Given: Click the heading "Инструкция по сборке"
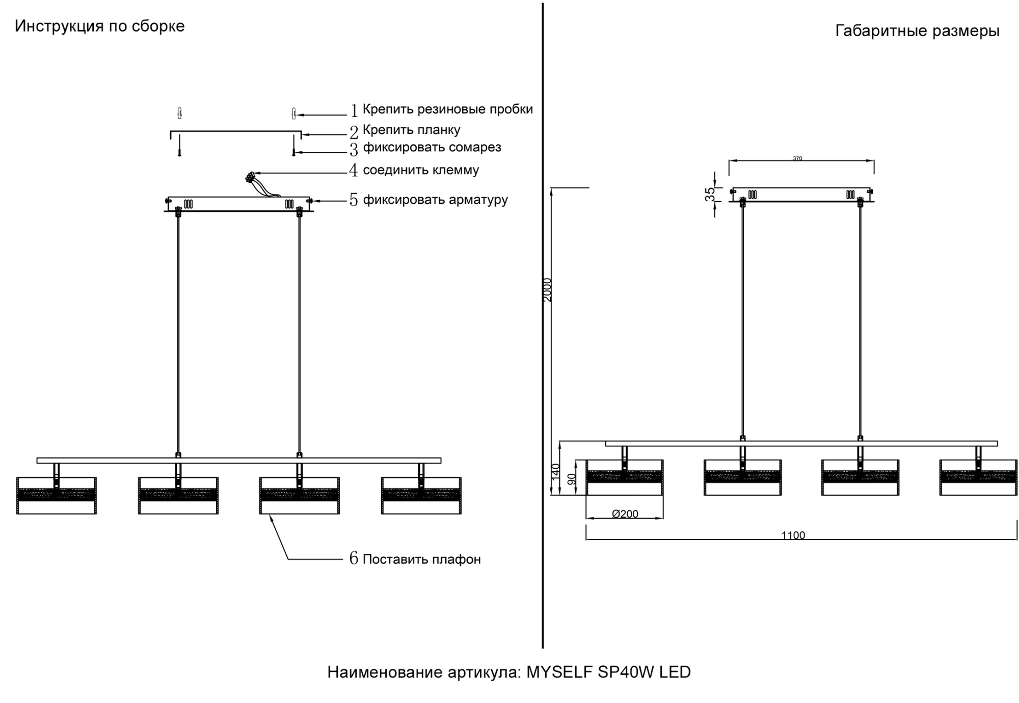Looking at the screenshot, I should pos(99,26).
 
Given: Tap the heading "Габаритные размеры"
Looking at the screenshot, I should pos(917,32).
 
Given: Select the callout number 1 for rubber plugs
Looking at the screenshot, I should pos(354,111).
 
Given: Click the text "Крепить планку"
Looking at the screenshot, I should pos(411,130).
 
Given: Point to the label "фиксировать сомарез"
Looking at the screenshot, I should pos(432,148).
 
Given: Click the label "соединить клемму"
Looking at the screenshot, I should pos(420,170).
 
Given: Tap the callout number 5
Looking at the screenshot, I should pos(354,200).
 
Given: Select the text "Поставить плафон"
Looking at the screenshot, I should pos(421,559).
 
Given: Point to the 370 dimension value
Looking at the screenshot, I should pos(797,158).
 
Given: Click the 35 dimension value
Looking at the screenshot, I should pos(710,194).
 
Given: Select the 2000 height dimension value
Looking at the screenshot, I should pos(547,290).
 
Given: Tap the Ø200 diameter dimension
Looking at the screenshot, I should pos(625,514).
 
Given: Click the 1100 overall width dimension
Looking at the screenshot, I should pos(793,535).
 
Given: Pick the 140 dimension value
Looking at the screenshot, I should pos(556,471).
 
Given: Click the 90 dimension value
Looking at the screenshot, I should pos(572,479).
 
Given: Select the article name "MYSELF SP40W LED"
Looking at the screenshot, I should pos(608,672).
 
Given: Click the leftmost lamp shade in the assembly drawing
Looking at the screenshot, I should pos(56,496).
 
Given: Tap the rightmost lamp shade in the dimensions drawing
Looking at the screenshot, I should pos(978,478).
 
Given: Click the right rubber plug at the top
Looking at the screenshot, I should pos(293,113).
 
